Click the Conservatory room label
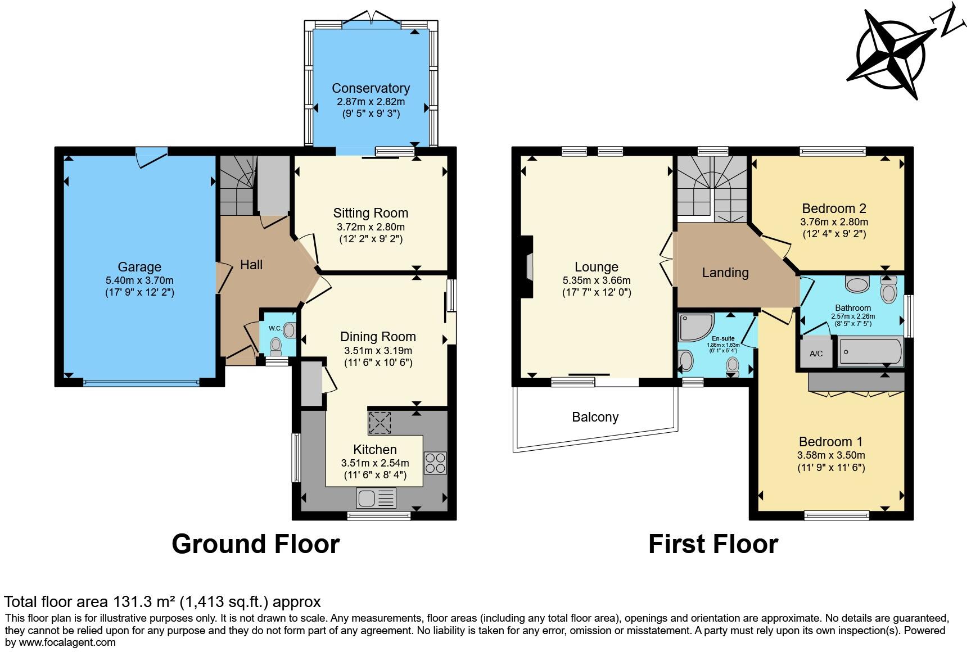point(371,88)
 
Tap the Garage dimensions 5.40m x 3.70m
point(139,280)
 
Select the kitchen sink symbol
point(376,497)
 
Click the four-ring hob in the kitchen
point(435,463)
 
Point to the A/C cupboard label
point(816,354)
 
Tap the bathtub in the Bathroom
point(870,352)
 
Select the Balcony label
point(595,417)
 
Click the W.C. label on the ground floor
point(274,328)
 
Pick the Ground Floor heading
point(255,544)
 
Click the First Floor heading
point(713,544)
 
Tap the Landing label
point(725,273)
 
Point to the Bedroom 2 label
point(834,209)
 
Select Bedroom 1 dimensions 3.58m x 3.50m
point(831,455)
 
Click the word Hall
point(251,265)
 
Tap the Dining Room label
point(378,337)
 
